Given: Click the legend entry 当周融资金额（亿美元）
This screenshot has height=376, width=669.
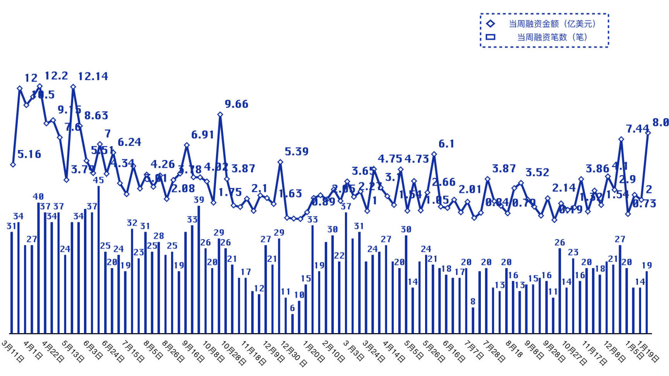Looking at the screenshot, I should tap(552, 24).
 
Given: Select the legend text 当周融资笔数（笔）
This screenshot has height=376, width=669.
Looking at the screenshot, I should tap(552, 37).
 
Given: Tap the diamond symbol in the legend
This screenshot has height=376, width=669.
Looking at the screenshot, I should tap(491, 24).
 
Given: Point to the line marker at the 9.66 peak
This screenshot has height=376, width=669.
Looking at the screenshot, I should tap(220, 115).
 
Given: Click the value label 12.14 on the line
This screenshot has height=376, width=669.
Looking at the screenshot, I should tap(93, 76).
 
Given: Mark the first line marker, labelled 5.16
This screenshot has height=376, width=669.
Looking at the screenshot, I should tap(13, 164).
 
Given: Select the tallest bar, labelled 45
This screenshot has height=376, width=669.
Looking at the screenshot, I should tap(99, 259).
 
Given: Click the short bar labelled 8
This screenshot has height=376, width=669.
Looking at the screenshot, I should tap(473, 320).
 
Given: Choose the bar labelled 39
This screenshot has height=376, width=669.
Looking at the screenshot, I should tap(199, 269).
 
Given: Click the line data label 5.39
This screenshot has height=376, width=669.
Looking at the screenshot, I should tap(297, 152).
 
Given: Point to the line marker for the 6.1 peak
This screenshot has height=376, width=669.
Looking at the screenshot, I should tap(434, 154).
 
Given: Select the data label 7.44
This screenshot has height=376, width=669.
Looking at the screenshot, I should tap(638, 128).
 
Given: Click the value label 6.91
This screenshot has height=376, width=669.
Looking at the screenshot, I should tap(202, 135).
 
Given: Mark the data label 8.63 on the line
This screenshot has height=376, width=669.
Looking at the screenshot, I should tap(96, 115).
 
